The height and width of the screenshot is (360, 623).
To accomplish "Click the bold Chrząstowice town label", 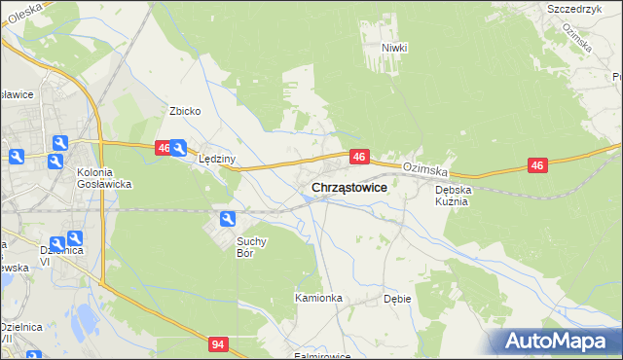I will coord(348,188).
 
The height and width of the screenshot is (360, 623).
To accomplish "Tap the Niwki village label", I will coord(394,48).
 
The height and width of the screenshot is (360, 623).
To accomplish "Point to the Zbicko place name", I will coord(185,111).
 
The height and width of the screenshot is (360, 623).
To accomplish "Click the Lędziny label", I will coord(217,159).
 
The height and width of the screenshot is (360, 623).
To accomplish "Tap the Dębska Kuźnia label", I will coord(453,196).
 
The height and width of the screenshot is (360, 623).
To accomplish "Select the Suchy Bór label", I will coord(251,246).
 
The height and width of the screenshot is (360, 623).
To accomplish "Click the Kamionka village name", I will coord(318,298).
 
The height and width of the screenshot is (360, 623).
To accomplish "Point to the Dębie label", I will coord(397,299).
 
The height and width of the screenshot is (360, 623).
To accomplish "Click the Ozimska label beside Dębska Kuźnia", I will coord(423,167).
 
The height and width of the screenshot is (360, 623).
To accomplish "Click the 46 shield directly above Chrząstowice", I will coord(359,156).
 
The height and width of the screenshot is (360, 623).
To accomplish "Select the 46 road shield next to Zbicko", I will coord(164,148).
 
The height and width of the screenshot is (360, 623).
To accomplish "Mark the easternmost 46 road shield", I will coord(537,166).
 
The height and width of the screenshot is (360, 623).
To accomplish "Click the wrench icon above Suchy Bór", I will coord(227,219).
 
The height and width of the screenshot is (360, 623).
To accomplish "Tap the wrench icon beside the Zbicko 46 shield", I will coord(178,149).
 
